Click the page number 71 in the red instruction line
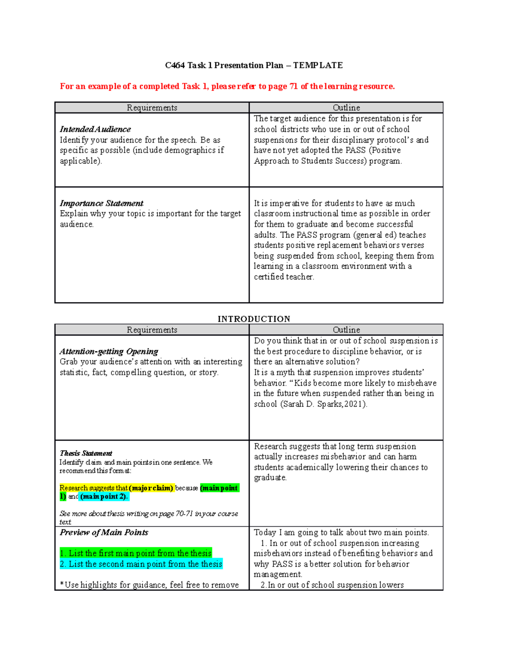tap(293, 86)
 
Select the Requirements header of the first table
tap(152, 107)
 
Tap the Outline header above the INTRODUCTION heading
tap(346, 107)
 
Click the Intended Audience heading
tap(95, 129)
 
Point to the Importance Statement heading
tap(102, 203)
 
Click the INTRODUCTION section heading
tap(254, 319)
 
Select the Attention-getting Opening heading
tap(109, 351)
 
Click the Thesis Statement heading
tap(86, 453)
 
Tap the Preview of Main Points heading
tap(104, 532)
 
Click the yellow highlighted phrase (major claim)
tap(151, 488)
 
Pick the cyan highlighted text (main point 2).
tap(104, 496)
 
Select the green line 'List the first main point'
tap(135, 553)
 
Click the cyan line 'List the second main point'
tap(141, 564)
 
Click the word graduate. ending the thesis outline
tap(271, 478)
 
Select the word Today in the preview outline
tap(265, 532)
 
